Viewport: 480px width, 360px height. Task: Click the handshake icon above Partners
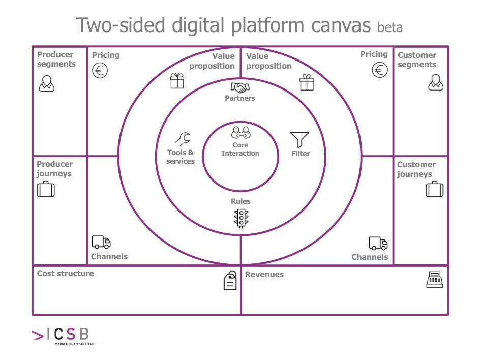pyautogui.click(x=240, y=87)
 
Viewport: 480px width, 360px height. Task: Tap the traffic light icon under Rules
pyautogui.click(x=241, y=218)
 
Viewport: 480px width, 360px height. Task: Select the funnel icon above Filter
pyautogui.click(x=299, y=140)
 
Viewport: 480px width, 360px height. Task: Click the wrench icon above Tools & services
pyautogui.click(x=182, y=139)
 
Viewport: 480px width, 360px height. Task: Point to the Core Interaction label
pyautogui.click(x=240, y=149)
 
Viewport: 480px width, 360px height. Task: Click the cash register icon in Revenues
pyautogui.click(x=435, y=279)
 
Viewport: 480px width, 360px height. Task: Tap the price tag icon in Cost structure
pyautogui.click(x=230, y=280)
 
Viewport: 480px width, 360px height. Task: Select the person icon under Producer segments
pyautogui.click(x=46, y=83)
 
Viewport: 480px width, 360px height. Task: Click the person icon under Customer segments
pyautogui.click(x=436, y=82)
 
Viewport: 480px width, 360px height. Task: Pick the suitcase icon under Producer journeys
pyautogui.click(x=46, y=190)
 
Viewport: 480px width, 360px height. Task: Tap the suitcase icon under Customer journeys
pyautogui.click(x=434, y=189)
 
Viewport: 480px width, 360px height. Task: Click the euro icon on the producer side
pyautogui.click(x=100, y=70)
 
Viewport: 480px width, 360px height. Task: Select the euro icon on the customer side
pyautogui.click(x=380, y=70)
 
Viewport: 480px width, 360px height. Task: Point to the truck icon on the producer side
pyautogui.click(x=101, y=243)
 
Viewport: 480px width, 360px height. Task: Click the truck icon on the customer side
pyautogui.click(x=378, y=244)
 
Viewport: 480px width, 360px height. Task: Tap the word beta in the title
pyautogui.click(x=390, y=27)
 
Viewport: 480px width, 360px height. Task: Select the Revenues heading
pyautogui.click(x=264, y=275)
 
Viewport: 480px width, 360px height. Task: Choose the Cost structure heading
pyautogui.click(x=66, y=274)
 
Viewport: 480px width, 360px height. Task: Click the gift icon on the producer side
pyautogui.click(x=177, y=81)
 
